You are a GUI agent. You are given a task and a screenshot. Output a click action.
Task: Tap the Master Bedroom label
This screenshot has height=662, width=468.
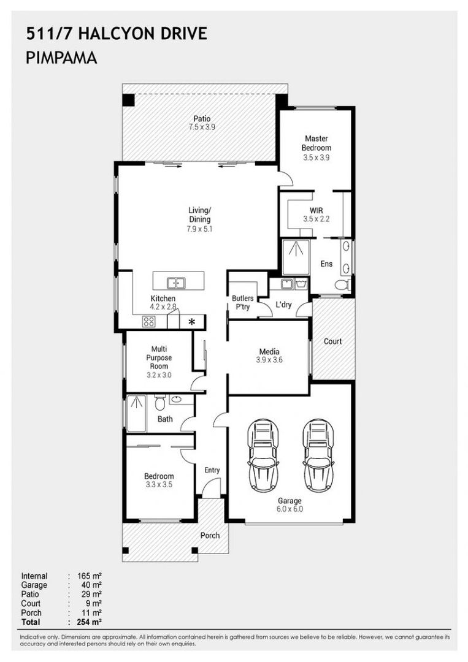(x=316, y=143)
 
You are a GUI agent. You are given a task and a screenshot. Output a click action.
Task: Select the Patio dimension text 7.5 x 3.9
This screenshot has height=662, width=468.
(x=202, y=127)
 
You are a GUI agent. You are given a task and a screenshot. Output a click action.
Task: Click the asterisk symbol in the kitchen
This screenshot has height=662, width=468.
(x=192, y=322)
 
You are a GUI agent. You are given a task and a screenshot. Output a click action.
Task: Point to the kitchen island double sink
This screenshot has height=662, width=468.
(x=176, y=283)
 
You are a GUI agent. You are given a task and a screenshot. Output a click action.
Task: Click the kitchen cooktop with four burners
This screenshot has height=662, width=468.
(x=149, y=321)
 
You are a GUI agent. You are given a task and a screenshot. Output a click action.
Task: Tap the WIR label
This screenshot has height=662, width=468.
(x=316, y=210)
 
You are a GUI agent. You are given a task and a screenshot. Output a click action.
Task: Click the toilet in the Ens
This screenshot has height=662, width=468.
(x=342, y=284)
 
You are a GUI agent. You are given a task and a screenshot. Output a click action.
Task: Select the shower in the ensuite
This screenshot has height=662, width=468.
(x=296, y=257)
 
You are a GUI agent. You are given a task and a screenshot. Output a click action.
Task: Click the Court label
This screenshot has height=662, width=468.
(x=332, y=341)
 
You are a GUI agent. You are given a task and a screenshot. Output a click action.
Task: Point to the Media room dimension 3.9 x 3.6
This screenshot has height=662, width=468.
(x=269, y=360)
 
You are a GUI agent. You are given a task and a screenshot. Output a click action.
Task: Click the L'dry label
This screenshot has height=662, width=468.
(x=283, y=305)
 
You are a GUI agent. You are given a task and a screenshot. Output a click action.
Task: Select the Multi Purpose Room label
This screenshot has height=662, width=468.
(x=158, y=358)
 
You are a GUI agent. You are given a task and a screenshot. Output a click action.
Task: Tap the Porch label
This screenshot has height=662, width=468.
(x=210, y=535)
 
